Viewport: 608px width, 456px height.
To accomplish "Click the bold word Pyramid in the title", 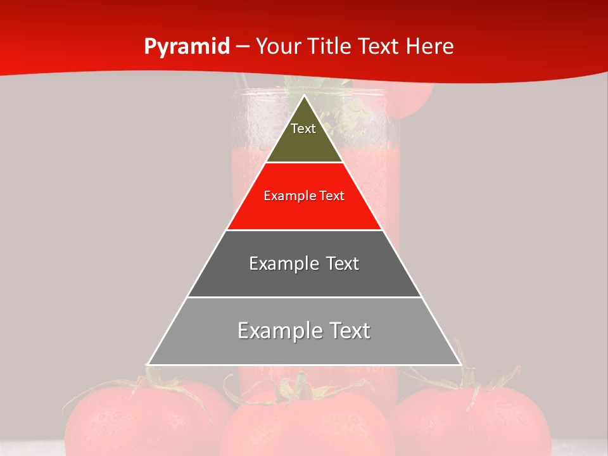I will [186, 47].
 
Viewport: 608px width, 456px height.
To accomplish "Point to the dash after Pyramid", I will [243, 47].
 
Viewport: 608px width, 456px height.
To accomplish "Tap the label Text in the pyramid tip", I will [303, 129].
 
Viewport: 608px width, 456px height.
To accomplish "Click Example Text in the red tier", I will [304, 196].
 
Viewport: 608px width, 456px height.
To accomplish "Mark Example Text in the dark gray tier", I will [304, 263].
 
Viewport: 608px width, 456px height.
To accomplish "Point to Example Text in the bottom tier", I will [304, 331].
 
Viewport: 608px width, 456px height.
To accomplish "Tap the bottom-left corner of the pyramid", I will [148, 364].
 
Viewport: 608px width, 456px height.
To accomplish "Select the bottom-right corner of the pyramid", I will [460, 364].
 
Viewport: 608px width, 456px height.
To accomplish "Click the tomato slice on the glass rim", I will [415, 98].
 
